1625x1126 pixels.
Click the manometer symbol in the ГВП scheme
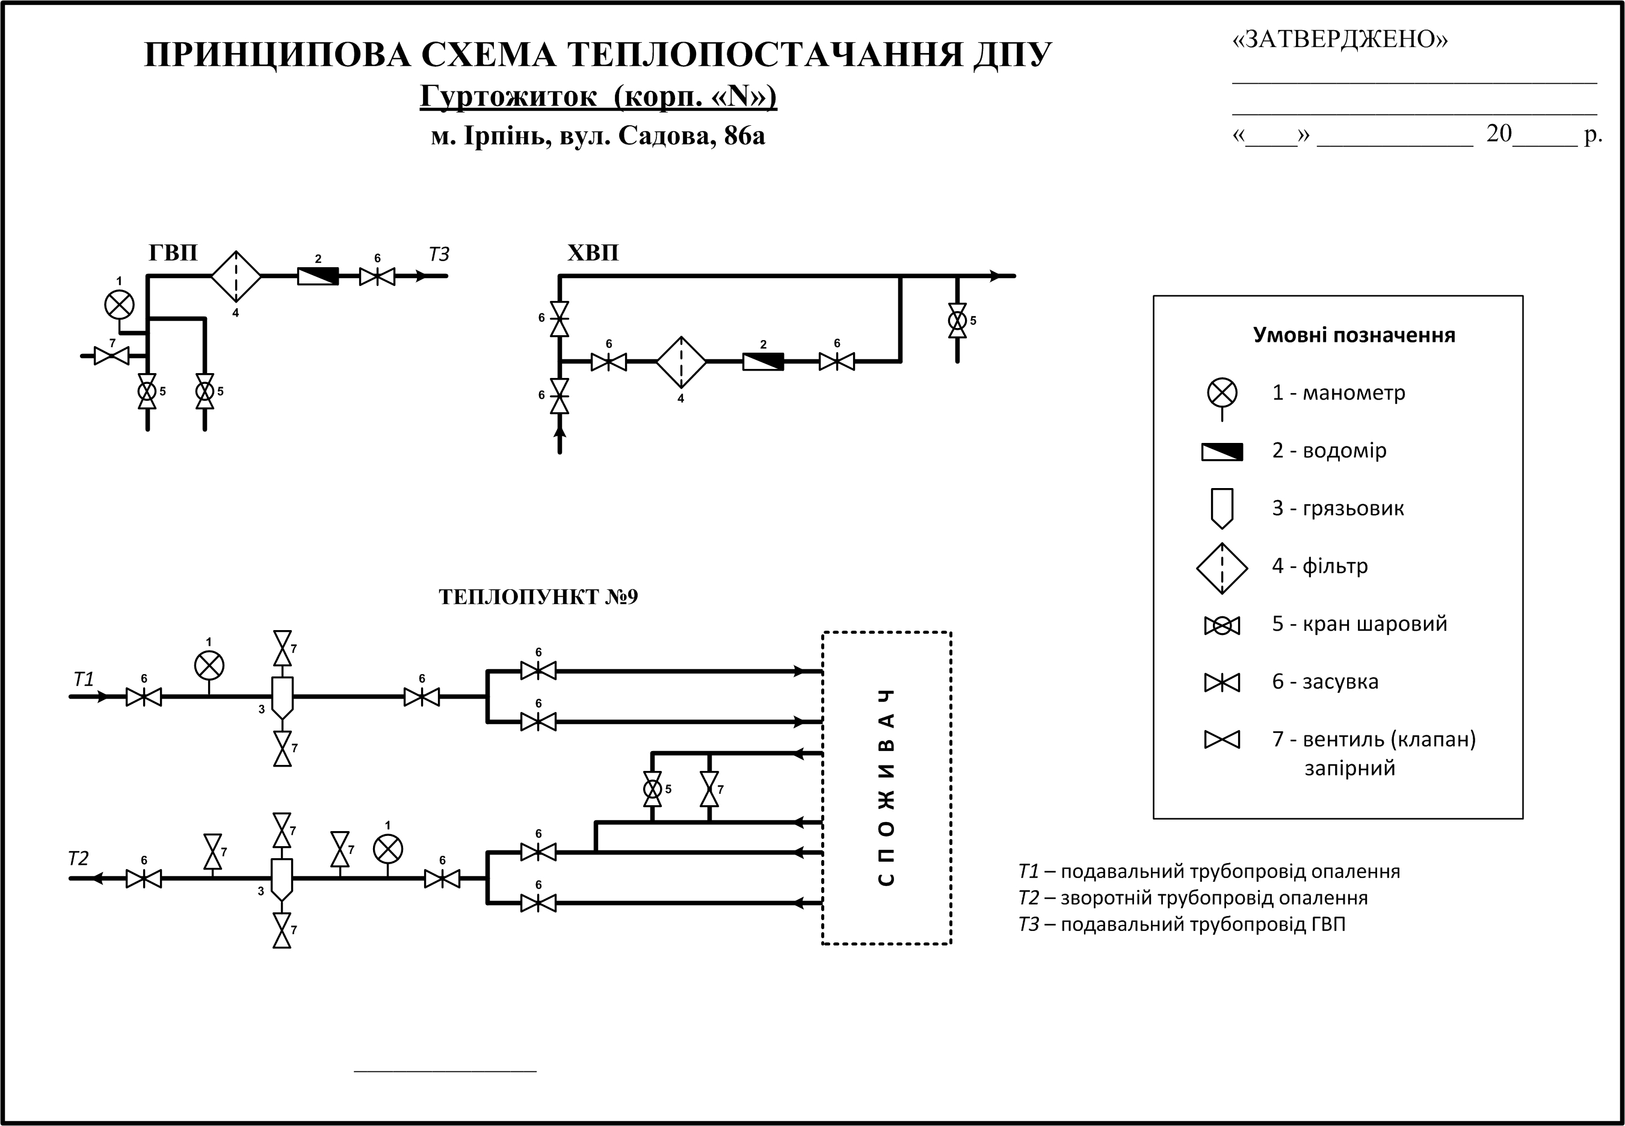119,305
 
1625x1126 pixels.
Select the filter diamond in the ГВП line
236,276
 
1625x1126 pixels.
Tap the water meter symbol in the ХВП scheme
762,361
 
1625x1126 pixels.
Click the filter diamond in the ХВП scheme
680,361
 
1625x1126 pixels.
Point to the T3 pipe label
439,255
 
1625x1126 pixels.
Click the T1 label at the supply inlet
84,679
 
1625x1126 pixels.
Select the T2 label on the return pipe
78,859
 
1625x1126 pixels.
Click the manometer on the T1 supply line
209,665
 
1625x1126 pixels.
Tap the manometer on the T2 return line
387,849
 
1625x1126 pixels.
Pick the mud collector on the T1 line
282,697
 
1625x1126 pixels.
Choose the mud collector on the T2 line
282,879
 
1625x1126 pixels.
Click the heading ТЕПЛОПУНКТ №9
537,597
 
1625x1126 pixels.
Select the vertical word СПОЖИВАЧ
887,787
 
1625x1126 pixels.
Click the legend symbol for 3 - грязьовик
1221,508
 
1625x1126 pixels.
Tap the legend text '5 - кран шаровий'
1359,623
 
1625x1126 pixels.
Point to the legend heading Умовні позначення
1354,335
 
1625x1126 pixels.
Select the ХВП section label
593,253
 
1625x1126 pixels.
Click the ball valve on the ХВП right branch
957,320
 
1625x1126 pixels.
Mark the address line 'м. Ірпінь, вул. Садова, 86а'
597,135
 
